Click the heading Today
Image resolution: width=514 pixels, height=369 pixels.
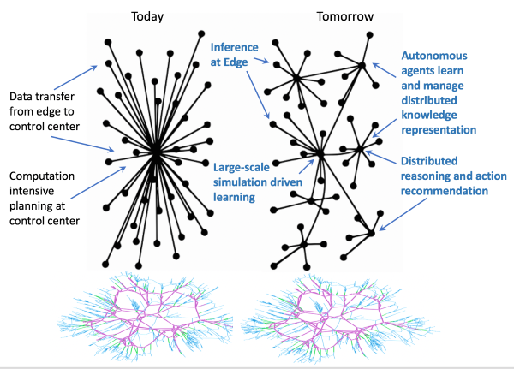coord(148,16)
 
